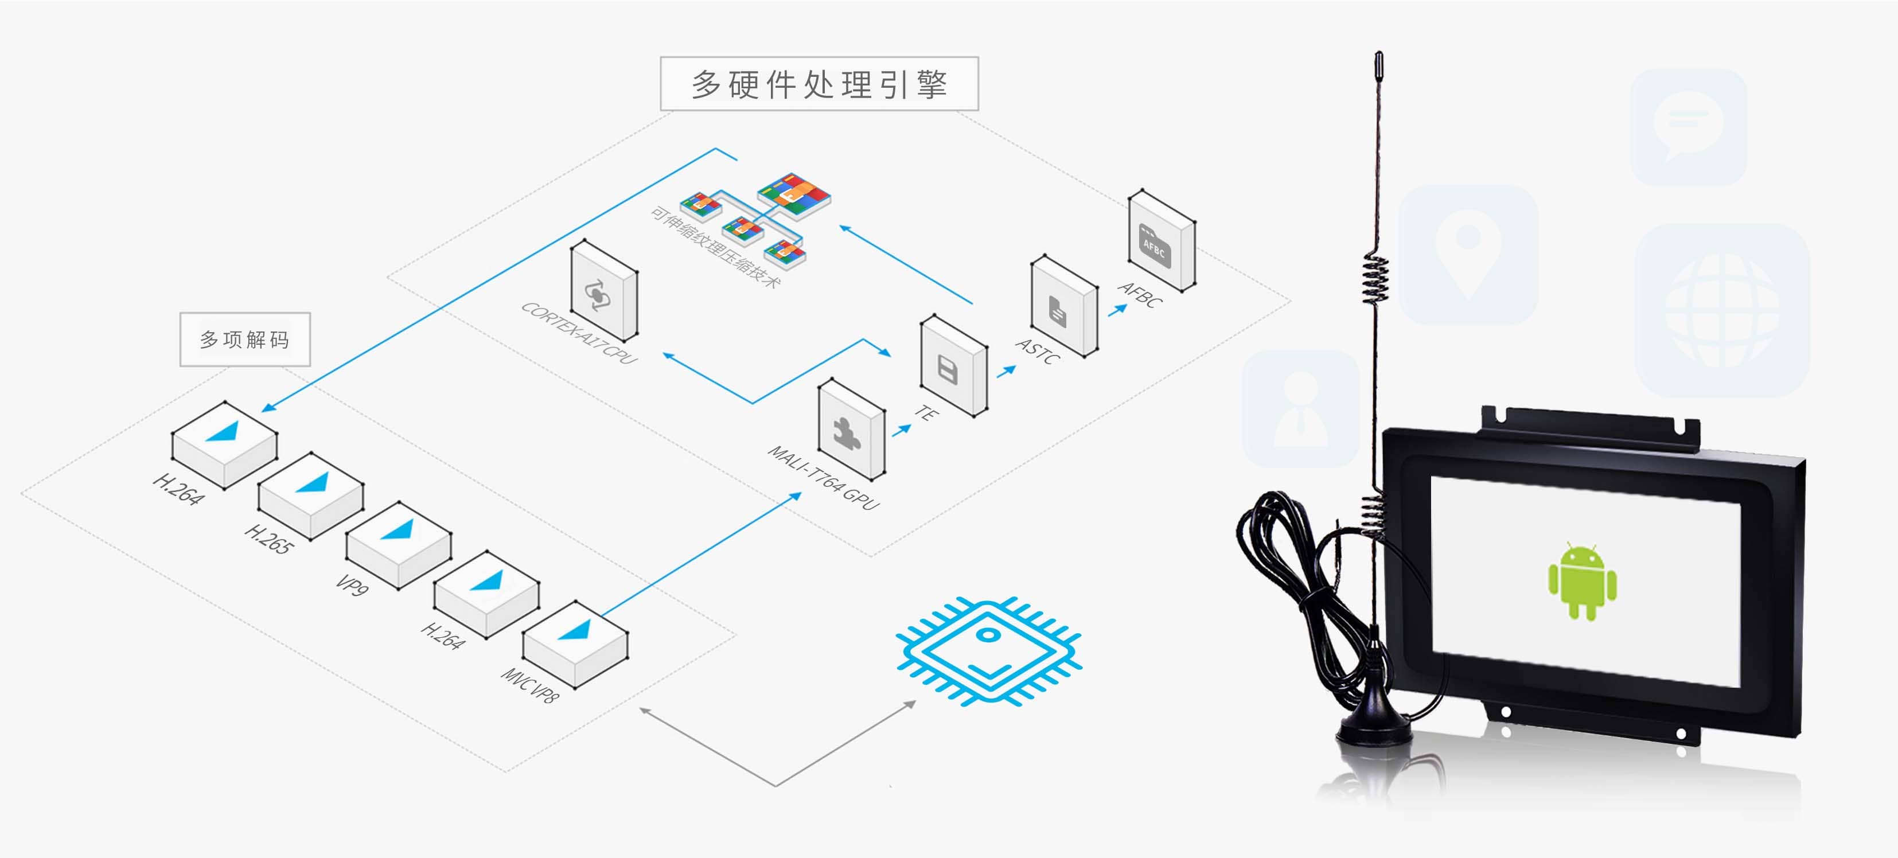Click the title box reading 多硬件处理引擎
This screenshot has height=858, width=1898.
[x=819, y=84]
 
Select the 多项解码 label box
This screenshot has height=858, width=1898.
[x=244, y=340]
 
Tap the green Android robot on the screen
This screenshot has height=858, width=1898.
[x=1582, y=581]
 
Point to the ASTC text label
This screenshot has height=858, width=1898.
[x=1038, y=352]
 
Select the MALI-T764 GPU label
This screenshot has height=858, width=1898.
[x=824, y=478]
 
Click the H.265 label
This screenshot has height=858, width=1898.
[x=269, y=539]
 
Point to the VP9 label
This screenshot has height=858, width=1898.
[x=352, y=585]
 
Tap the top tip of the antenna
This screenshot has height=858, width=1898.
[x=1378, y=59]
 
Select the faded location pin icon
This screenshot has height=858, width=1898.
[x=1468, y=254]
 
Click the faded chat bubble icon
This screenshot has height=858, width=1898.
[x=1688, y=127]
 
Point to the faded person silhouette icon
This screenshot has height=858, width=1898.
[x=1300, y=409]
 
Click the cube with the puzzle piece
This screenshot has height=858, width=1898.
[x=852, y=430]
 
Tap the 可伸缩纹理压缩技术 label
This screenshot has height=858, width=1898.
[x=714, y=247]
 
